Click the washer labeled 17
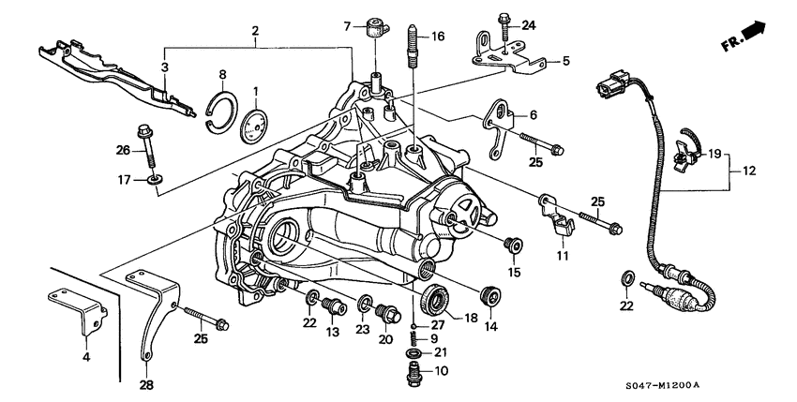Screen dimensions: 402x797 [x=149, y=178]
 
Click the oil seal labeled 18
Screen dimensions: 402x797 [x=434, y=300]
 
